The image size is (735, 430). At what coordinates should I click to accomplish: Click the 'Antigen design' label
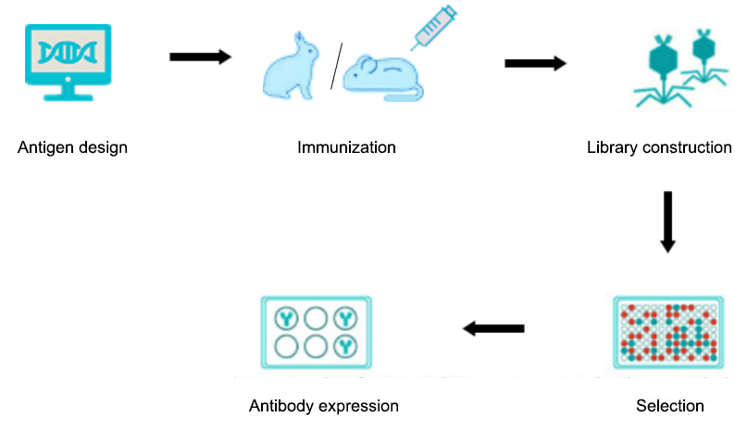coord(72,148)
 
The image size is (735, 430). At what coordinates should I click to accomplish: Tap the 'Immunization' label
coord(346,148)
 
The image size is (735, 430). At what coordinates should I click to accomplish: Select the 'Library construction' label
coord(659,148)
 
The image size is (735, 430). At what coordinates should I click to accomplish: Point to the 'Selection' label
coord(670,406)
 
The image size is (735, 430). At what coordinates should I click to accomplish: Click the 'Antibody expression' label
coord(323,406)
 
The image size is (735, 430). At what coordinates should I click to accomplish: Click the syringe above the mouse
coord(434,27)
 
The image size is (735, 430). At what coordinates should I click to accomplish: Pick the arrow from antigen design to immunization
coord(200,57)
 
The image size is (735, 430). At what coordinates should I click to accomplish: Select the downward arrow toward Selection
coord(667,221)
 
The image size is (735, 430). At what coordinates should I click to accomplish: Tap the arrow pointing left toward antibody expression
coord(493,328)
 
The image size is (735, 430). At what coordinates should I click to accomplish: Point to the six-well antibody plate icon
coord(316,333)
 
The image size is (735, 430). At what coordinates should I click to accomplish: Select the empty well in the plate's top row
coord(316,319)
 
